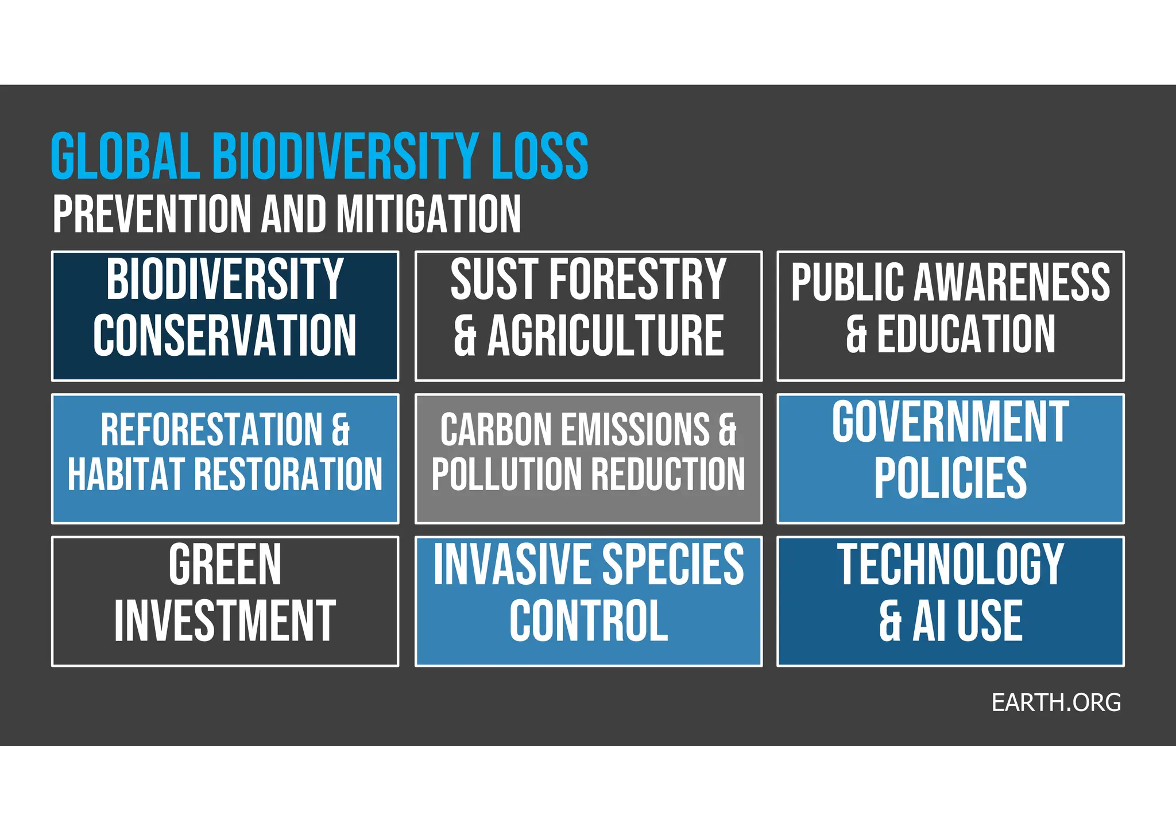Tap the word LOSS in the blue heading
tap(540, 156)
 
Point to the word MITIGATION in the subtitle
tap(428, 214)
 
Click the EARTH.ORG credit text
tap(1056, 702)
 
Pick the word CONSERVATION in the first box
tap(225, 336)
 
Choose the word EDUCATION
tap(966, 334)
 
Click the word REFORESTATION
tap(212, 429)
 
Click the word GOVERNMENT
tap(950, 422)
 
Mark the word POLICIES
tap(950, 478)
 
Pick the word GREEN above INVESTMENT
tap(225, 565)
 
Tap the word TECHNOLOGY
tap(950, 565)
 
